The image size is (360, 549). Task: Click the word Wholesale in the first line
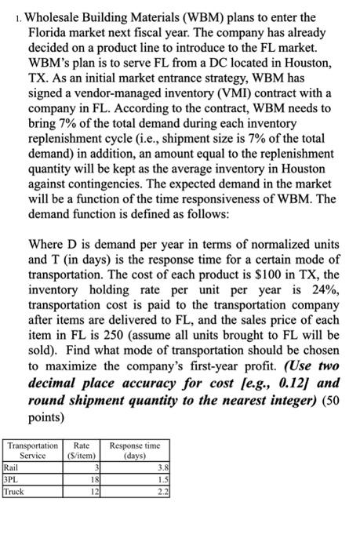coord(59,16)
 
